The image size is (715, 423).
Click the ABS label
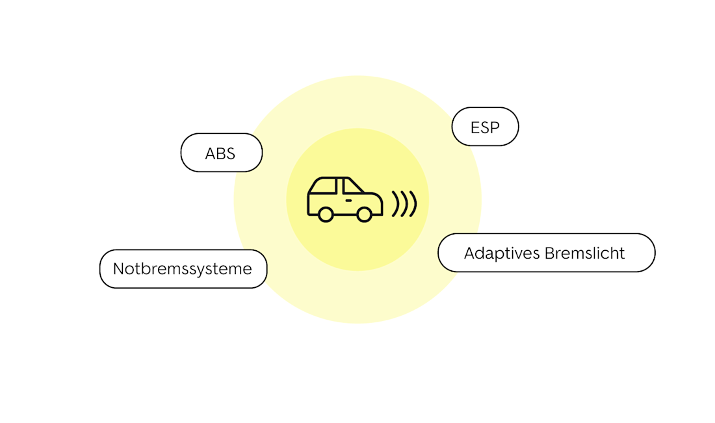tap(221, 153)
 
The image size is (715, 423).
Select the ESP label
tap(485, 127)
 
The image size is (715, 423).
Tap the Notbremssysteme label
tap(183, 269)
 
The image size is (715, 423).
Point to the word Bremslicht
tap(584, 253)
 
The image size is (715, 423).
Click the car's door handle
tap(349, 201)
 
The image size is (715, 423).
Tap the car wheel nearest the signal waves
tap(365, 214)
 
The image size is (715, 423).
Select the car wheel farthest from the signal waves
tap(326, 214)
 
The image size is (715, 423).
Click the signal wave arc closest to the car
tap(395, 203)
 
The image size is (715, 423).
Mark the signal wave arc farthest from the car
tap(413, 203)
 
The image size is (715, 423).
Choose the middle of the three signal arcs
tap(404, 203)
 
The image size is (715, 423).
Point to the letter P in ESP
tap(495, 127)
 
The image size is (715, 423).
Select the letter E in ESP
tap(474, 127)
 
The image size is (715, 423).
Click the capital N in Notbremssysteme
tap(119, 269)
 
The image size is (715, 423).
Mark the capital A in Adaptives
tap(470, 253)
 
